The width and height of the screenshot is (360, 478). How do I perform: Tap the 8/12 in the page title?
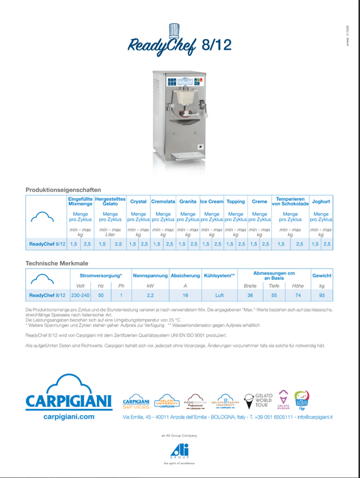point(218,46)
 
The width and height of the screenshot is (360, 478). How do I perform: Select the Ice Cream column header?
point(212,202)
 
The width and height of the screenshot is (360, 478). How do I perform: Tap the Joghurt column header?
point(320,202)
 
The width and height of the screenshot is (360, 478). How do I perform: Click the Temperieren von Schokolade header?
point(290,202)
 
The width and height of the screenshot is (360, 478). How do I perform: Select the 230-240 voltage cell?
point(80,295)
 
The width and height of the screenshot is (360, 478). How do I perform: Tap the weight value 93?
point(322,295)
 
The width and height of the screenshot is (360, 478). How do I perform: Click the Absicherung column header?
point(185,275)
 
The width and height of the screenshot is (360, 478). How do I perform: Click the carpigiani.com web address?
point(68,415)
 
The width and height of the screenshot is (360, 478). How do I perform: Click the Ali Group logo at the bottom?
point(180,451)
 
